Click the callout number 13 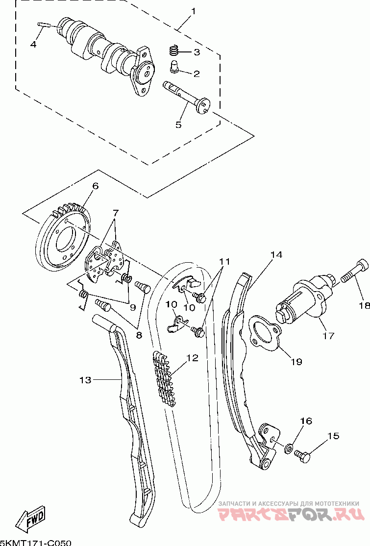[85, 380]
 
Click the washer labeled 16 [288, 449]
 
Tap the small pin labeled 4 [44, 25]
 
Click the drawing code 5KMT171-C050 [36, 543]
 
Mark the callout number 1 [194, 11]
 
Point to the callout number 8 [139, 335]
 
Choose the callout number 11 [224, 261]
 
